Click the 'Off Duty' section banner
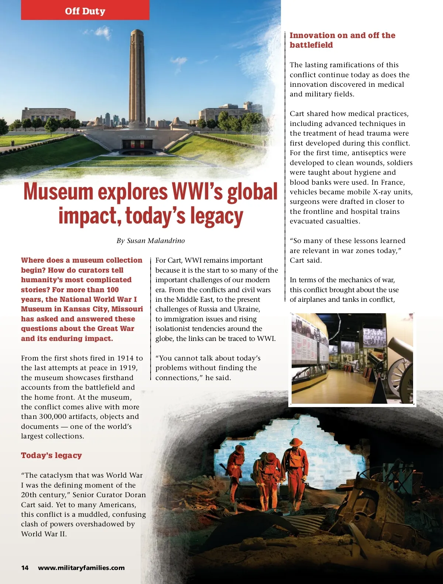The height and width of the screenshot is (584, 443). coord(85,11)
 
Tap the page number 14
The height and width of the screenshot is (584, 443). coord(25,568)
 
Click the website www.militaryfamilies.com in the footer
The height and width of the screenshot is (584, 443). coord(81,568)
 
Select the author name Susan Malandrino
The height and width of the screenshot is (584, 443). coord(155,241)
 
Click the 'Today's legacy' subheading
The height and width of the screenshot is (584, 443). coord(51,455)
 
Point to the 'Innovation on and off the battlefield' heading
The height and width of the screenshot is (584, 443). coord(342,40)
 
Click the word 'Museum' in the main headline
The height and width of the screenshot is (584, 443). coord(58,192)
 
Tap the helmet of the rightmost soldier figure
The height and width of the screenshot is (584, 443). coord(296,442)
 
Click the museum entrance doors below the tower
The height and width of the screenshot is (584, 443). coord(137,144)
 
